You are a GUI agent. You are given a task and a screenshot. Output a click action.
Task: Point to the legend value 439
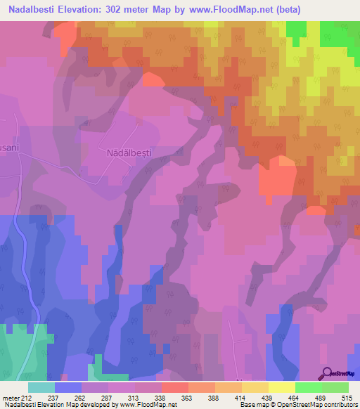click(266, 398)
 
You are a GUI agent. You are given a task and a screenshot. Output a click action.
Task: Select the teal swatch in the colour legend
click(41, 387)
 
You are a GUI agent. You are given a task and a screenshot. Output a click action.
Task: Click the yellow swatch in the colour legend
click(282, 387)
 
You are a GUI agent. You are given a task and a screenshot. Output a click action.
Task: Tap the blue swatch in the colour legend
click(68, 387)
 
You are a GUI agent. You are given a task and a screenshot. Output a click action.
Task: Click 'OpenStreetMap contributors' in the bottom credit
click(319, 405)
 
